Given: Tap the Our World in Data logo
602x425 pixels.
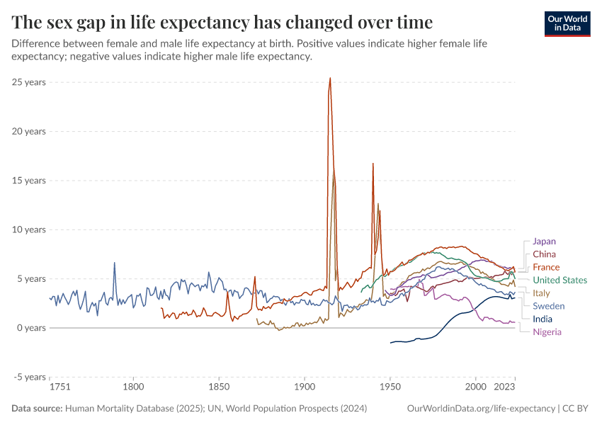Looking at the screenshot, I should click(x=567, y=23).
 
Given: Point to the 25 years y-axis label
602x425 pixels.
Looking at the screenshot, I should click(x=29, y=82).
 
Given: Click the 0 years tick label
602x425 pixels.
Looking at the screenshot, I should click(x=31, y=328).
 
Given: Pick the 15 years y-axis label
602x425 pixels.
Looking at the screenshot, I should click(x=29, y=181).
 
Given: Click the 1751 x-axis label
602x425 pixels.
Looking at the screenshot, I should click(x=59, y=387).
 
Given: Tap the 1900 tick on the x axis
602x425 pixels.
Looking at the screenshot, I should click(x=305, y=387).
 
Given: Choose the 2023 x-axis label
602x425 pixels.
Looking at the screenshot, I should click(x=504, y=387).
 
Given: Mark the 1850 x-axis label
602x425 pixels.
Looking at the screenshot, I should click(x=219, y=387).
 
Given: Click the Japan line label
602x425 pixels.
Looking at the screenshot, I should click(x=544, y=242).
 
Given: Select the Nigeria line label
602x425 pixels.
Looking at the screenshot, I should click(x=547, y=332).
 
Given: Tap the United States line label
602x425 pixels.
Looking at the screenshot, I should click(x=560, y=280).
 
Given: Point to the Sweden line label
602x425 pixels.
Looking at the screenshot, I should click(x=548, y=306).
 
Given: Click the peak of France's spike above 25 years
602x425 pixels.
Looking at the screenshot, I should click(x=330, y=78).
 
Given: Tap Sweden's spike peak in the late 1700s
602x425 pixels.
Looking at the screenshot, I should click(x=115, y=263).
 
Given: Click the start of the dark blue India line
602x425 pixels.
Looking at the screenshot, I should click(x=390, y=343).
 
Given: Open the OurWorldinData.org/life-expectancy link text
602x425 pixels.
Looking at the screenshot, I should click(x=482, y=409).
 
